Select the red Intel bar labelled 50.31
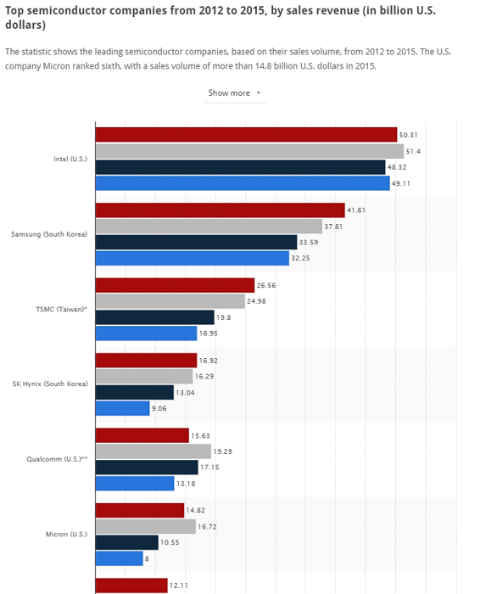click(246, 134)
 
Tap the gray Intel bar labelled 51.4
click(249, 151)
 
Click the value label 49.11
click(401, 183)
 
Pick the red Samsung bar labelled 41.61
click(220, 210)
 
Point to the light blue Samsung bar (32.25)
click(192, 259)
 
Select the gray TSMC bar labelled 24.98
click(170, 301)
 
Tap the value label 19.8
click(224, 317)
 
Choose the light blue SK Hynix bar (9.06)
click(122, 408)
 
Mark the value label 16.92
click(207, 360)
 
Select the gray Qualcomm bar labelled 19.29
click(153, 451)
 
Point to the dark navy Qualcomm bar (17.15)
click(146, 468)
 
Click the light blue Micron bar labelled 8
click(119, 558)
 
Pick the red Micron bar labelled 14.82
click(139, 510)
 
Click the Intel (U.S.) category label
click(70, 159)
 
